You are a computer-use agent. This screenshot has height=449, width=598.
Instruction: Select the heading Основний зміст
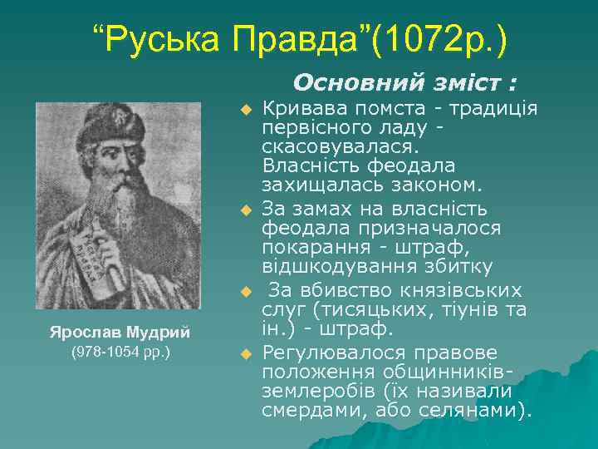405,83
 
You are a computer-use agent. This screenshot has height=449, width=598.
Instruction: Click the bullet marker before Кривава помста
245,110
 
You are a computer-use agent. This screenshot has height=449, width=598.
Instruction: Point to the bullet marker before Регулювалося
245,355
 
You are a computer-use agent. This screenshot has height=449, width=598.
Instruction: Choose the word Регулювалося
332,352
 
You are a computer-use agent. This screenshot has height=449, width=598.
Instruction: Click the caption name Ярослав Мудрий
120,332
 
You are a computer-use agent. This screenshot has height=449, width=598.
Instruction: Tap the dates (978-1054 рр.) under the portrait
120,352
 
